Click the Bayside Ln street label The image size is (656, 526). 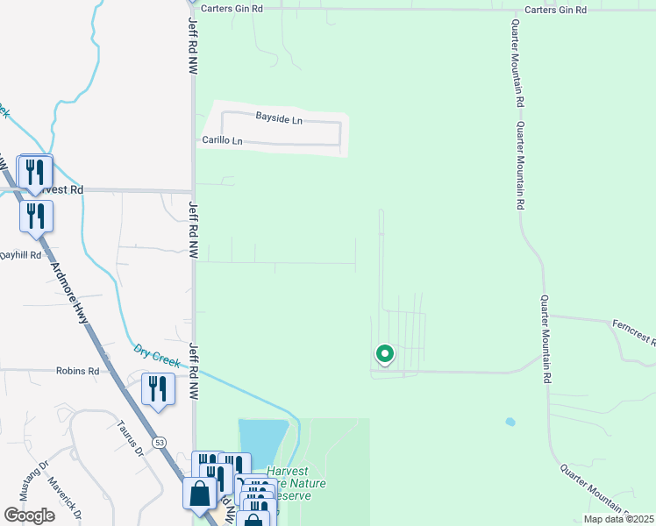pos(279,117)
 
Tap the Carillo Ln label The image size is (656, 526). pos(223,140)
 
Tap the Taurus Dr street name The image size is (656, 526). pos(129,438)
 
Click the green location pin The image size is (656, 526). pos(384,354)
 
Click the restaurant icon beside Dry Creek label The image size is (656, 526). pos(157,387)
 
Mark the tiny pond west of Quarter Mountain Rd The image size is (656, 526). pos(510,422)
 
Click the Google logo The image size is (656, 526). pos(29,515)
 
